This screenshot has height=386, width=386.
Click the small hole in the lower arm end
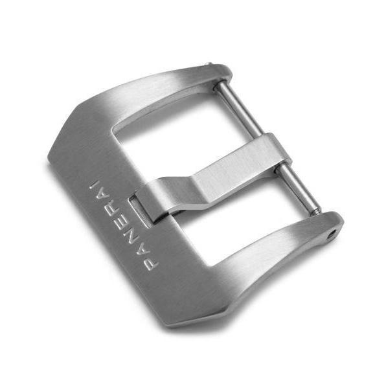pos(333,233)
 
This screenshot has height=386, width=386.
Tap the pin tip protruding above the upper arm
pos(209,64)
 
